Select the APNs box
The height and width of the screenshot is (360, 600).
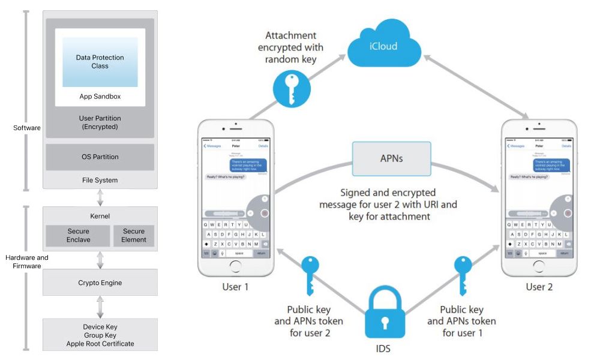(391, 159)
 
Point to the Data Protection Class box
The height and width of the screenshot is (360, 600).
(100, 62)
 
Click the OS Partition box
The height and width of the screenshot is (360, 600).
(100, 157)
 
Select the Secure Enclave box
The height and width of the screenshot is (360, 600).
(78, 236)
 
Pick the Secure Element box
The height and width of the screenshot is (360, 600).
(134, 236)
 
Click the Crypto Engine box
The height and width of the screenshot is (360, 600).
(100, 283)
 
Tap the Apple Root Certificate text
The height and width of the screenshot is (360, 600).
(100, 344)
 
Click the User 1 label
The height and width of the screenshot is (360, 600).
(235, 287)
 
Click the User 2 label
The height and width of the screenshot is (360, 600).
(539, 287)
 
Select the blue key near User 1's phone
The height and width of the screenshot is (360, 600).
(310, 275)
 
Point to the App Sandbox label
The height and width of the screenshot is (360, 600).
(100, 97)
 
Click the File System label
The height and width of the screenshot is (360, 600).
(100, 180)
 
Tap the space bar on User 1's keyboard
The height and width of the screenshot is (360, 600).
(239, 253)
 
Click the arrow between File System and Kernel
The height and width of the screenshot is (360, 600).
(100, 197)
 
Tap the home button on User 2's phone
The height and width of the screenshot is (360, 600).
(539, 268)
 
